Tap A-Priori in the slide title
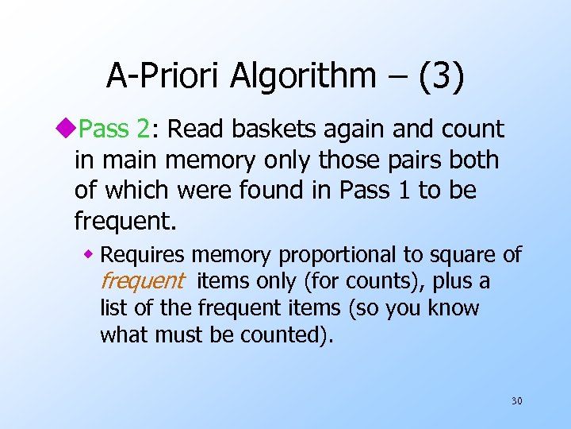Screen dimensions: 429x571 click(163, 75)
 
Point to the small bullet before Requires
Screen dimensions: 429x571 click(90, 254)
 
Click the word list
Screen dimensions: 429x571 click(115, 307)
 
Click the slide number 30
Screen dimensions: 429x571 click(516, 400)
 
